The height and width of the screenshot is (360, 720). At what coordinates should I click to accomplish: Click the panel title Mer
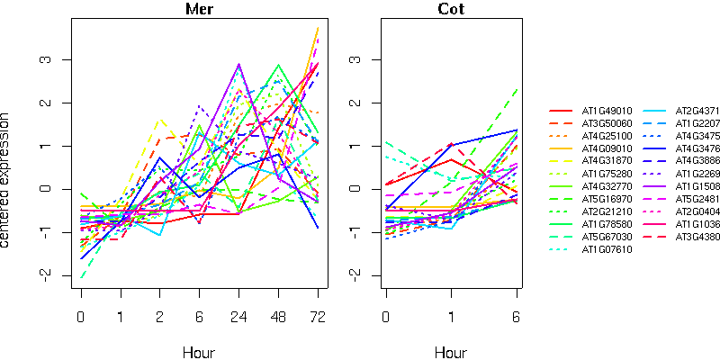coord(199,10)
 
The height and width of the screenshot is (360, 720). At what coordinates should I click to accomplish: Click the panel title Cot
coord(451,10)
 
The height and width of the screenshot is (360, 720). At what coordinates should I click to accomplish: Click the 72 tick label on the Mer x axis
coord(318,317)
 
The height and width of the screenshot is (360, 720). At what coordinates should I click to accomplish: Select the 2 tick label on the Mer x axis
coord(159,317)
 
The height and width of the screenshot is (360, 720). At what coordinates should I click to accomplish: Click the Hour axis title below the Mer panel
coord(199,352)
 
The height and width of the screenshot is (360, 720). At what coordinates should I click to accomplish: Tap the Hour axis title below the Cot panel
coord(451,352)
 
